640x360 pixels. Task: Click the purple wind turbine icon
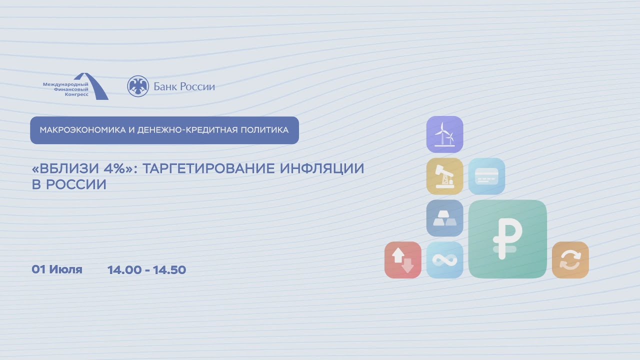pyautogui.click(x=444, y=134)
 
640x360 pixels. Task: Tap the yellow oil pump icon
pyautogui.click(x=444, y=176)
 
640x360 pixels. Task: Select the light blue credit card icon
pyautogui.click(x=486, y=176)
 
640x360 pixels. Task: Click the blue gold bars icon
pyautogui.click(x=444, y=218)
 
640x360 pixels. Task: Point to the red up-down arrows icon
pyautogui.click(x=402, y=260)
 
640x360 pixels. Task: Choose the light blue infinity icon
pyautogui.click(x=444, y=260)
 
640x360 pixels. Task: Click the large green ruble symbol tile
pyautogui.click(x=507, y=239)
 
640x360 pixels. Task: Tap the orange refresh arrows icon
pyautogui.click(x=570, y=260)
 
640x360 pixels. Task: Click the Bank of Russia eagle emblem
pyautogui.click(x=137, y=86)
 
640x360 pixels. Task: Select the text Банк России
pyautogui.click(x=184, y=87)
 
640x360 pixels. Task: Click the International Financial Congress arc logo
pyautogui.click(x=95, y=86)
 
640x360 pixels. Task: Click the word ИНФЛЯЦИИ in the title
pyautogui.click(x=322, y=168)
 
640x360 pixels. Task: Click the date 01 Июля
pyautogui.click(x=57, y=270)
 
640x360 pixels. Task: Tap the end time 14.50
pyautogui.click(x=169, y=270)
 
